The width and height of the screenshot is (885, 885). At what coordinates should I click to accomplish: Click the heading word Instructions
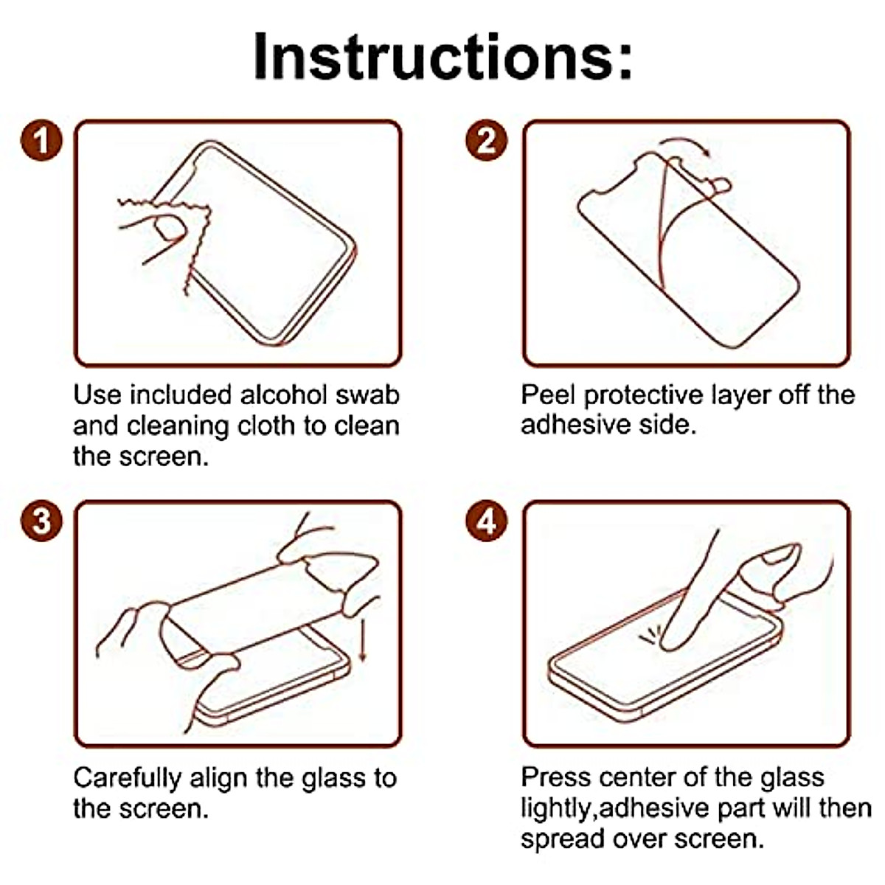coord(442,57)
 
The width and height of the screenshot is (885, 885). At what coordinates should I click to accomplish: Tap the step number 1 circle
coord(41,140)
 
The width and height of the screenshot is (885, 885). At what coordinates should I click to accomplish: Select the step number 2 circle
coord(487,140)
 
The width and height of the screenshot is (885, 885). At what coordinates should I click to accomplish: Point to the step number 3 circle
coord(41,521)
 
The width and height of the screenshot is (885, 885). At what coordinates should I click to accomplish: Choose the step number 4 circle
coord(487,521)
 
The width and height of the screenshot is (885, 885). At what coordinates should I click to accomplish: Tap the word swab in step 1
coord(368,395)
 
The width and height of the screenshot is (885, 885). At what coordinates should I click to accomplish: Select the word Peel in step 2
coord(549,395)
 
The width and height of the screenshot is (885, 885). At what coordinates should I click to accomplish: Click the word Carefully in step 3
coord(127,779)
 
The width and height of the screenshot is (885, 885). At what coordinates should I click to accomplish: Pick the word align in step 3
coord(219,779)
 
